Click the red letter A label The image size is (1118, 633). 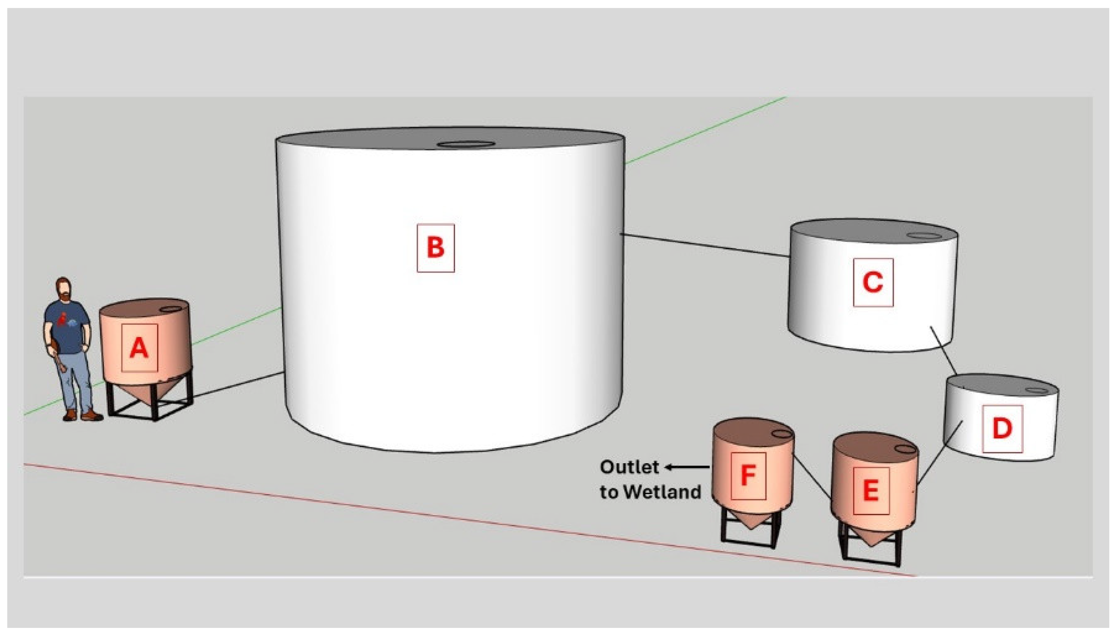(139, 348)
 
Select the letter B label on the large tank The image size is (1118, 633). (435, 248)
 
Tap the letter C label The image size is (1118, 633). (873, 282)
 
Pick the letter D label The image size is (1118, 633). (1002, 429)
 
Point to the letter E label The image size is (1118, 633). (871, 491)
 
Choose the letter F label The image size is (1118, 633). (748, 475)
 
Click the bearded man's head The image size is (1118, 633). (64, 289)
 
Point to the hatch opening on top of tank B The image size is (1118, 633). (466, 144)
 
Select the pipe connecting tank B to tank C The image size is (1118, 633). (706, 246)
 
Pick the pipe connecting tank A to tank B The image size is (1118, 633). (238, 384)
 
